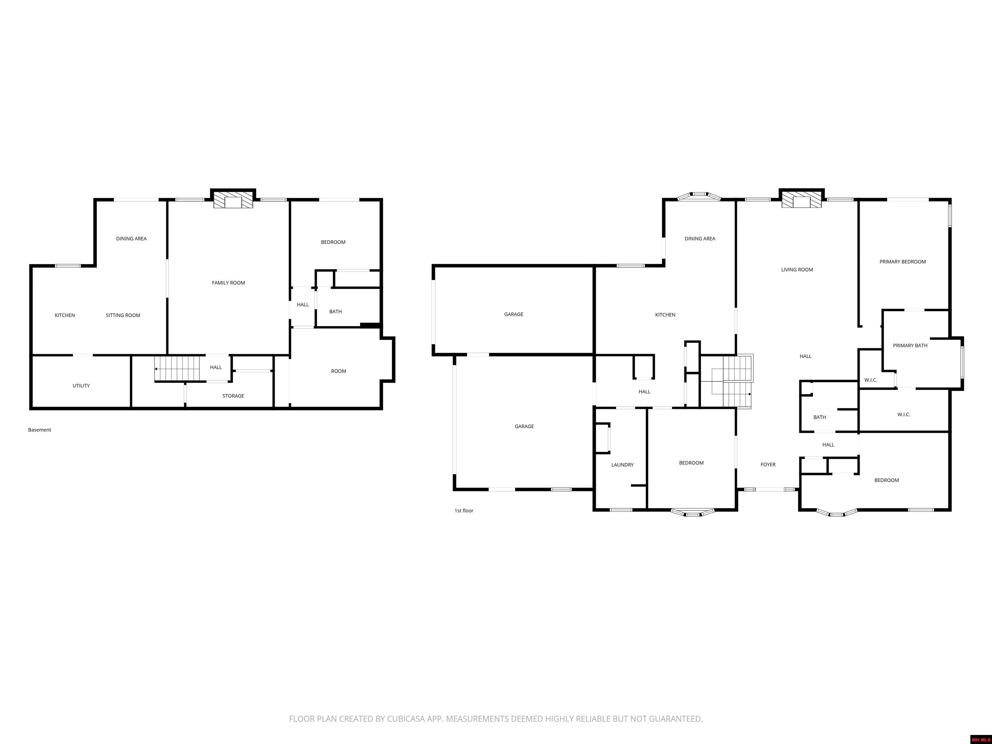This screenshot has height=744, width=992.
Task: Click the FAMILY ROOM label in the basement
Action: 228,283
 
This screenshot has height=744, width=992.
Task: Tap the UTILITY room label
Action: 81,386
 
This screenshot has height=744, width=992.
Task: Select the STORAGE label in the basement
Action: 233,396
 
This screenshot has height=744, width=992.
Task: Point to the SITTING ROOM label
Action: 123,315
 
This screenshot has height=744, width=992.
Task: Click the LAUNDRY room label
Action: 623,465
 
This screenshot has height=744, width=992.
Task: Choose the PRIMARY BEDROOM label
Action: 902,262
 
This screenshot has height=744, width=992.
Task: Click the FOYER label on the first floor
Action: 768,465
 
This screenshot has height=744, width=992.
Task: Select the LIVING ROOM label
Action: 797,270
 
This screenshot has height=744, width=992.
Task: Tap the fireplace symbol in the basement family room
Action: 233,201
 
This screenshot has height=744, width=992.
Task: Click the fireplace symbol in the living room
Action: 801,201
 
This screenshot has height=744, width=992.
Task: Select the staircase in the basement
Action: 178,369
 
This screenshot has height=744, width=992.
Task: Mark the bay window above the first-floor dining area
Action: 699,196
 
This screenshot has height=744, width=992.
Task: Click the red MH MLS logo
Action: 980,739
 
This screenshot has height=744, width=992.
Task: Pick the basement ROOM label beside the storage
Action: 339,371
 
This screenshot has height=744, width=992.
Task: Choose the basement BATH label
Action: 336,312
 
